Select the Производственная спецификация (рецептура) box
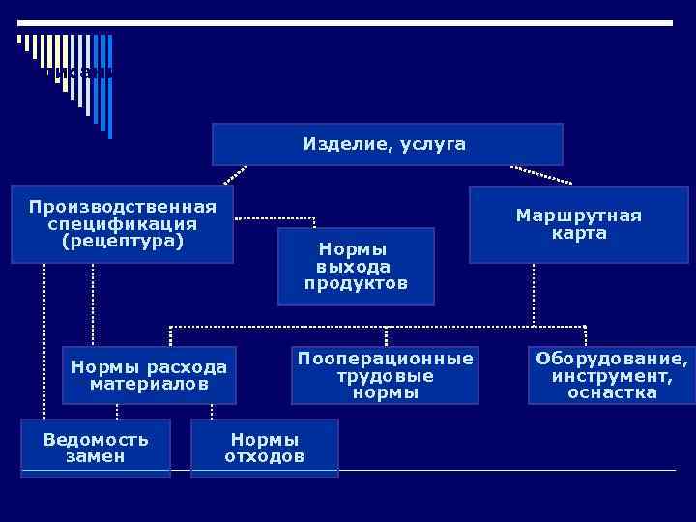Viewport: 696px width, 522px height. point(123,223)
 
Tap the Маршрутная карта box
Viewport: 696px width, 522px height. point(578,223)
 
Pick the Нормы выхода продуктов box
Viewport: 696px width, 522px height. point(356,266)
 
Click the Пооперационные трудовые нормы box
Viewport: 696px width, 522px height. point(386,375)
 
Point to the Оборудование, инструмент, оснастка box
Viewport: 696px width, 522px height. point(612,375)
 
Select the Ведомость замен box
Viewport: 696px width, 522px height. point(96,448)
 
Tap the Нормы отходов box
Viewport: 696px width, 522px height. point(265,448)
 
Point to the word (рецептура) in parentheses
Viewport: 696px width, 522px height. point(123,241)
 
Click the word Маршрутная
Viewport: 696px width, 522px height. point(578,215)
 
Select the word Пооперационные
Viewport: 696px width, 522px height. point(386,359)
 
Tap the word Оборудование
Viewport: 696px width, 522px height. point(612,359)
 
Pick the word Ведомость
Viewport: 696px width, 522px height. point(96,439)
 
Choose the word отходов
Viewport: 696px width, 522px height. point(265,456)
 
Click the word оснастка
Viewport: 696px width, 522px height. point(612,392)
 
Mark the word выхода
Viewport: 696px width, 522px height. point(356,266)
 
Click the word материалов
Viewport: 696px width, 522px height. point(149,384)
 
